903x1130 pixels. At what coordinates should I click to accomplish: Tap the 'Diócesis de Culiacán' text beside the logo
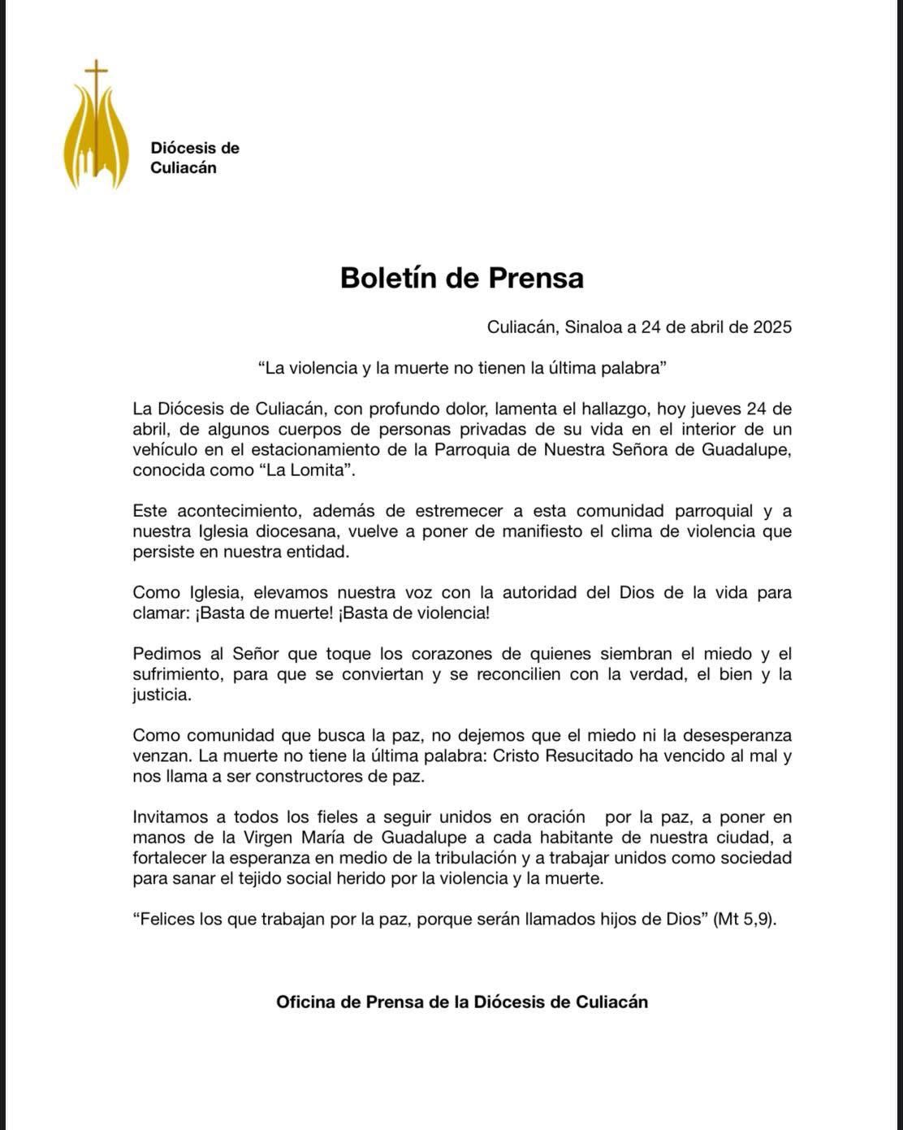coord(194,158)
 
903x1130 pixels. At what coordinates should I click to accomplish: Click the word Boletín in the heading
coord(389,278)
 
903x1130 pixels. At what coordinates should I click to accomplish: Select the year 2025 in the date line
coord(771,327)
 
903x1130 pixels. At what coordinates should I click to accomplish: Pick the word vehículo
coord(165,450)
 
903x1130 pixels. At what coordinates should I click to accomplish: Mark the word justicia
coord(161,695)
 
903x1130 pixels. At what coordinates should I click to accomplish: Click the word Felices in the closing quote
coord(166,919)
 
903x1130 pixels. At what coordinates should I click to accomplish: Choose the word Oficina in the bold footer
coord(305,1002)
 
